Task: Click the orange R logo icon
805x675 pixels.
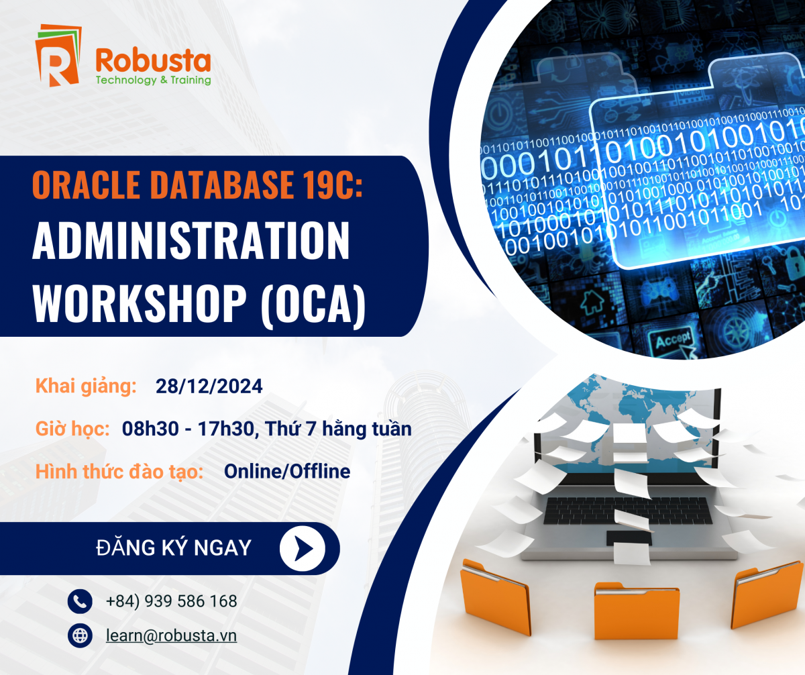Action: click(x=58, y=55)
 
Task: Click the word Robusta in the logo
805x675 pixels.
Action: click(x=153, y=61)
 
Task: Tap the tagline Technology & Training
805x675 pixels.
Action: click(x=153, y=81)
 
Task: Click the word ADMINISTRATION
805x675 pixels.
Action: click(x=191, y=242)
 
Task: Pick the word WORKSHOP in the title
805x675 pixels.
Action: click(x=139, y=303)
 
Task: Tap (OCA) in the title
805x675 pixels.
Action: click(x=313, y=305)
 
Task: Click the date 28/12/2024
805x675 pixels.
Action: click(x=209, y=386)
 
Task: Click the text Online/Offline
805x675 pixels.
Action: click(x=287, y=471)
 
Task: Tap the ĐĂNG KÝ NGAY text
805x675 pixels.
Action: click(x=174, y=548)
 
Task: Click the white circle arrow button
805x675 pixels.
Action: click(x=303, y=548)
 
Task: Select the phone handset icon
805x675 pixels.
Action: click(x=80, y=601)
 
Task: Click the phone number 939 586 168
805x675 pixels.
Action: click(x=191, y=601)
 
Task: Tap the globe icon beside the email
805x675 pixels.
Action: click(x=80, y=635)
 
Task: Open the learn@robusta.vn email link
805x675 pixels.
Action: click(x=172, y=635)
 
